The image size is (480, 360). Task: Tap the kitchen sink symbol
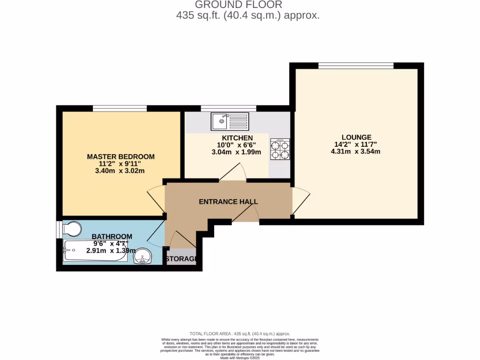click(229, 121)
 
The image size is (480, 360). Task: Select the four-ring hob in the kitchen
click(280, 150)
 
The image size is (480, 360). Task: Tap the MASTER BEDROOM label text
click(120, 157)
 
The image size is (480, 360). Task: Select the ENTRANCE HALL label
click(228, 202)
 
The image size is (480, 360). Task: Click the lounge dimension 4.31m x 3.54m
click(356, 151)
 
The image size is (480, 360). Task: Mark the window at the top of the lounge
click(356, 65)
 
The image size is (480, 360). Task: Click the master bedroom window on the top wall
click(120, 108)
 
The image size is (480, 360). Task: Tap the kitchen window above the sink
click(229, 108)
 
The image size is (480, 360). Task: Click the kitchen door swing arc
click(233, 172)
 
